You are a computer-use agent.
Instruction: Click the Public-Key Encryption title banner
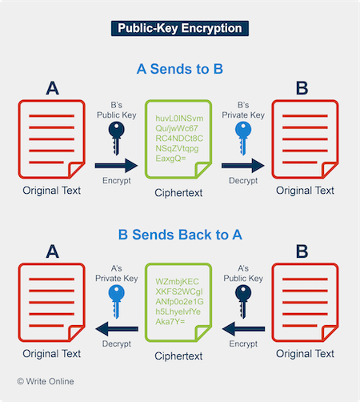pyautogui.click(x=180, y=28)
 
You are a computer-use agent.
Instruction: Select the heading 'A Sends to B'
pyautogui.click(x=180, y=69)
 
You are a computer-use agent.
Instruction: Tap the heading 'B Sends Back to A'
pyautogui.click(x=180, y=235)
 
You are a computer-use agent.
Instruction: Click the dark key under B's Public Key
pyautogui.click(x=116, y=139)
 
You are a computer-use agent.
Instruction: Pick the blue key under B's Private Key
pyautogui.click(x=243, y=139)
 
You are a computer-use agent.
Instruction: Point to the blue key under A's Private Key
pyautogui.click(x=116, y=302)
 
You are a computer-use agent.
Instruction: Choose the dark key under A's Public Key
pyautogui.click(x=243, y=302)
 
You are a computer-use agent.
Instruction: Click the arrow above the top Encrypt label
pyautogui.click(x=116, y=166)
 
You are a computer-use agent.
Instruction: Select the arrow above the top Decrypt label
pyautogui.click(x=243, y=166)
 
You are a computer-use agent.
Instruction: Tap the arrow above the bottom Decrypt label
pyautogui.click(x=117, y=329)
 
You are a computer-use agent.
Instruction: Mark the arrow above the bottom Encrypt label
pyautogui.click(x=243, y=329)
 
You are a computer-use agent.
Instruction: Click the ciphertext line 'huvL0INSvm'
pyautogui.click(x=179, y=119)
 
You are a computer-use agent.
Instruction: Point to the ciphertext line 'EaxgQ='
pyautogui.click(x=170, y=159)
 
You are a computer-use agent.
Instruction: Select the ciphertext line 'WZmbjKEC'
pyautogui.click(x=177, y=282)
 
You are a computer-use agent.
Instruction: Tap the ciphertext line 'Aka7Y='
pyautogui.click(x=170, y=322)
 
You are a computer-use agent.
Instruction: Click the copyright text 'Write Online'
pyautogui.click(x=50, y=381)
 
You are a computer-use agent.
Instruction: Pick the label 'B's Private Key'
pyautogui.click(x=243, y=110)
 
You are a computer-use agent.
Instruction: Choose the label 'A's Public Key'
pyautogui.click(x=243, y=273)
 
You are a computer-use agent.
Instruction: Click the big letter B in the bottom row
pyautogui.click(x=302, y=251)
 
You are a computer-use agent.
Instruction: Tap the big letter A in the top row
pyautogui.click(x=52, y=88)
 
